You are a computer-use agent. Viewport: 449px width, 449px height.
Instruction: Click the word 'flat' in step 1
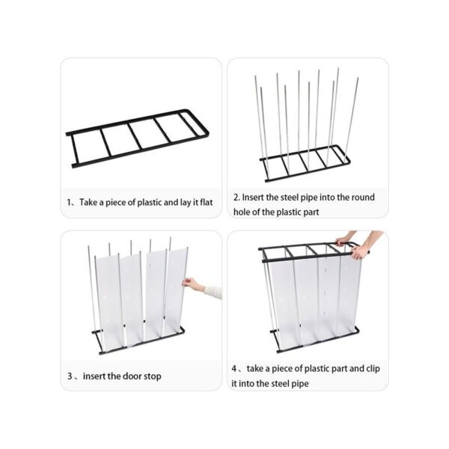(207, 203)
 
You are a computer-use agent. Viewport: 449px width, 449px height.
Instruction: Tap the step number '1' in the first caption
(69, 203)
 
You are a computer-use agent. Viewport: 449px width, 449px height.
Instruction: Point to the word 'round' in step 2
(363, 198)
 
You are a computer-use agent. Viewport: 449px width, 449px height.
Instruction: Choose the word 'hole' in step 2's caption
(242, 212)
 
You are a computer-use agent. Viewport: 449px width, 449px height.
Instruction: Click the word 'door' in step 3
(132, 376)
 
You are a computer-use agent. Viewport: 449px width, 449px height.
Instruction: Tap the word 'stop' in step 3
(153, 376)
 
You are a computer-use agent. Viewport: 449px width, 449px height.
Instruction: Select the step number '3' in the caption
(70, 376)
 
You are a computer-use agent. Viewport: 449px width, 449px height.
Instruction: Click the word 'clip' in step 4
(373, 368)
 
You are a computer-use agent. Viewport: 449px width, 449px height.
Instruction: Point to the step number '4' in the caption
(234, 368)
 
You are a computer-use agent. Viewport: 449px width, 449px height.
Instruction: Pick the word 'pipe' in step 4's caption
(300, 384)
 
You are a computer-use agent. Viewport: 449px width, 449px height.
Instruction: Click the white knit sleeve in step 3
(213, 292)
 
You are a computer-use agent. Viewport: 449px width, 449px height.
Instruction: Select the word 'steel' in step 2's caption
(289, 198)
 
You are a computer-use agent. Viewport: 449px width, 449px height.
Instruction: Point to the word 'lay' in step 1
(186, 203)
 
